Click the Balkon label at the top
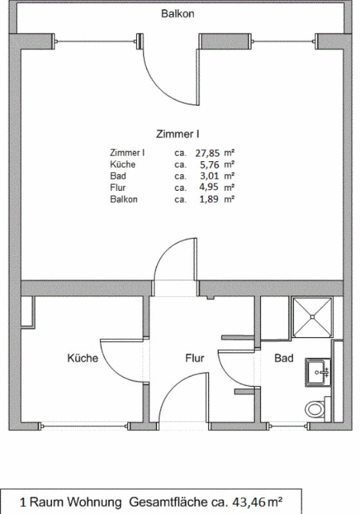point(177,13)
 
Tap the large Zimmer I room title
point(177,134)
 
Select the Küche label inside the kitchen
point(83,358)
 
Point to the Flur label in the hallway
point(195,358)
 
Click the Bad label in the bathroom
point(283,358)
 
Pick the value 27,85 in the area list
point(207,153)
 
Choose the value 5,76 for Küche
point(210,164)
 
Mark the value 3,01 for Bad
point(210,176)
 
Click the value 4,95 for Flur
point(210,188)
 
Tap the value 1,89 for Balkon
point(210,199)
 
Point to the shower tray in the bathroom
point(312,317)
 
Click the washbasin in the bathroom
point(318,373)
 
